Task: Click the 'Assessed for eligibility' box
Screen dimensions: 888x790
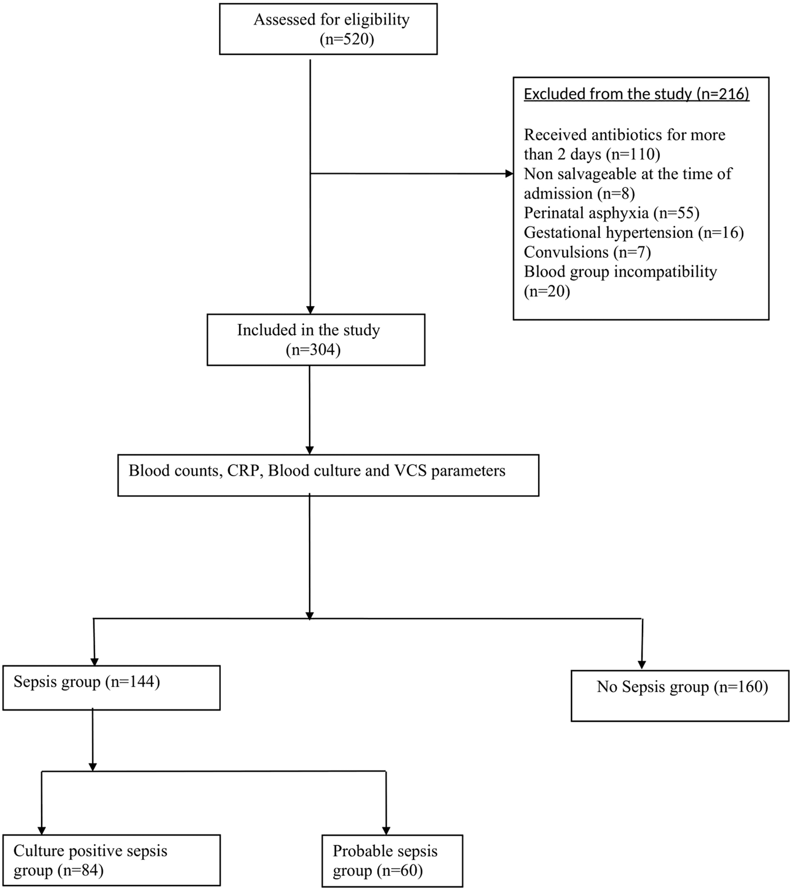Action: pyautogui.click(x=328, y=29)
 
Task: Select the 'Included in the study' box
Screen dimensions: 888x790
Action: pyautogui.click(x=315, y=339)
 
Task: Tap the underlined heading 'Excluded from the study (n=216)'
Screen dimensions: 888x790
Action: pyautogui.click(x=636, y=94)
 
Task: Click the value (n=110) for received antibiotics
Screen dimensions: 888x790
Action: pyautogui.click(x=633, y=154)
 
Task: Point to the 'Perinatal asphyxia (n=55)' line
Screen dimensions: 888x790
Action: pyautogui.click(x=611, y=213)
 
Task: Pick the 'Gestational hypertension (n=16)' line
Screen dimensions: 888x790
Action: pyautogui.click(x=633, y=233)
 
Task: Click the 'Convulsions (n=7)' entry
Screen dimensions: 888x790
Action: pyautogui.click(x=587, y=252)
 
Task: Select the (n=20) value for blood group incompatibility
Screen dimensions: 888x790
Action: pyautogui.click(x=547, y=291)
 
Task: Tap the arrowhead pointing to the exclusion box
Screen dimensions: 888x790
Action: pyautogui.click(x=509, y=174)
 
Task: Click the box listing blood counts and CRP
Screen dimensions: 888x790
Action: pyautogui.click(x=328, y=475)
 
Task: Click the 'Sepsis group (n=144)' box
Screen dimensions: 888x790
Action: pyautogui.click(x=111, y=688)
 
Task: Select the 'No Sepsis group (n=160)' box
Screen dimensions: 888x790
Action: pyautogui.click(x=680, y=695)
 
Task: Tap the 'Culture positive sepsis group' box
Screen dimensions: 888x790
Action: pyautogui.click(x=111, y=860)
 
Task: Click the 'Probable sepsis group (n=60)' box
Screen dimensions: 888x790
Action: pyautogui.click(x=392, y=860)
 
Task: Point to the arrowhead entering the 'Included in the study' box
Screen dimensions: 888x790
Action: pyautogui.click(x=310, y=310)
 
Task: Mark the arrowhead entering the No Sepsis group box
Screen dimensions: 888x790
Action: pyautogui.click(x=642, y=665)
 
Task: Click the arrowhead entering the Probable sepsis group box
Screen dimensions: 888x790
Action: pyautogui.click(x=386, y=830)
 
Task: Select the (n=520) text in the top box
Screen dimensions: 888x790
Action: pyautogui.click(x=347, y=39)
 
